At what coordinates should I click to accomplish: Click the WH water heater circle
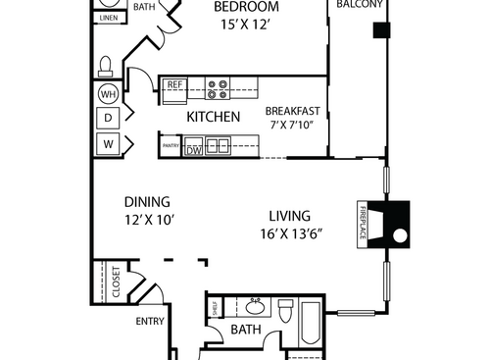(x=107, y=95)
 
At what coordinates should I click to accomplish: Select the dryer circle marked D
(x=107, y=119)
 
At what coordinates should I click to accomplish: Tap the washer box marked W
(x=107, y=144)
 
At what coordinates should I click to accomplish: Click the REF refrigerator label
(x=175, y=85)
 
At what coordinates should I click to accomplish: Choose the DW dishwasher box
(x=194, y=149)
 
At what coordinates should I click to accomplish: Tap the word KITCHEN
(x=214, y=117)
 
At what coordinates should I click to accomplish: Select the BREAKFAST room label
(x=293, y=110)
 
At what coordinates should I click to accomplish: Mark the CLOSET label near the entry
(x=116, y=283)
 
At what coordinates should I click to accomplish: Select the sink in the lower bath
(x=252, y=303)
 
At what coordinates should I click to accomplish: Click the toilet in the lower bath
(x=286, y=313)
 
